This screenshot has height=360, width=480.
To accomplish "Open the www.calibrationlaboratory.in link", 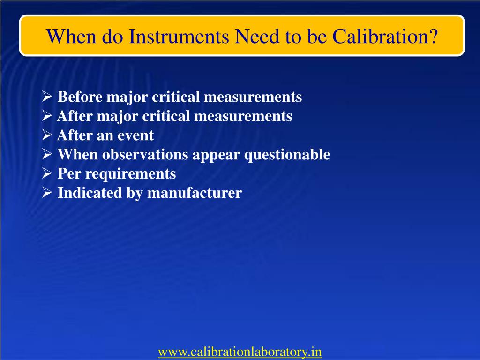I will click(x=240, y=352).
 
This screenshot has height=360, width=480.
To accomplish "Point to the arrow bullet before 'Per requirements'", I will click(x=47, y=174).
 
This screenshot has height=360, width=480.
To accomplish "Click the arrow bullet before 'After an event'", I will click(x=47, y=135).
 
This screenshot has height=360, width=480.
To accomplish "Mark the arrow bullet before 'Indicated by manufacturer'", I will click(x=47, y=193).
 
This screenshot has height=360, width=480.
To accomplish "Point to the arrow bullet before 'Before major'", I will click(x=47, y=97).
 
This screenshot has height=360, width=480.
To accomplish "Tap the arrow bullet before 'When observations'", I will click(x=47, y=155).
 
